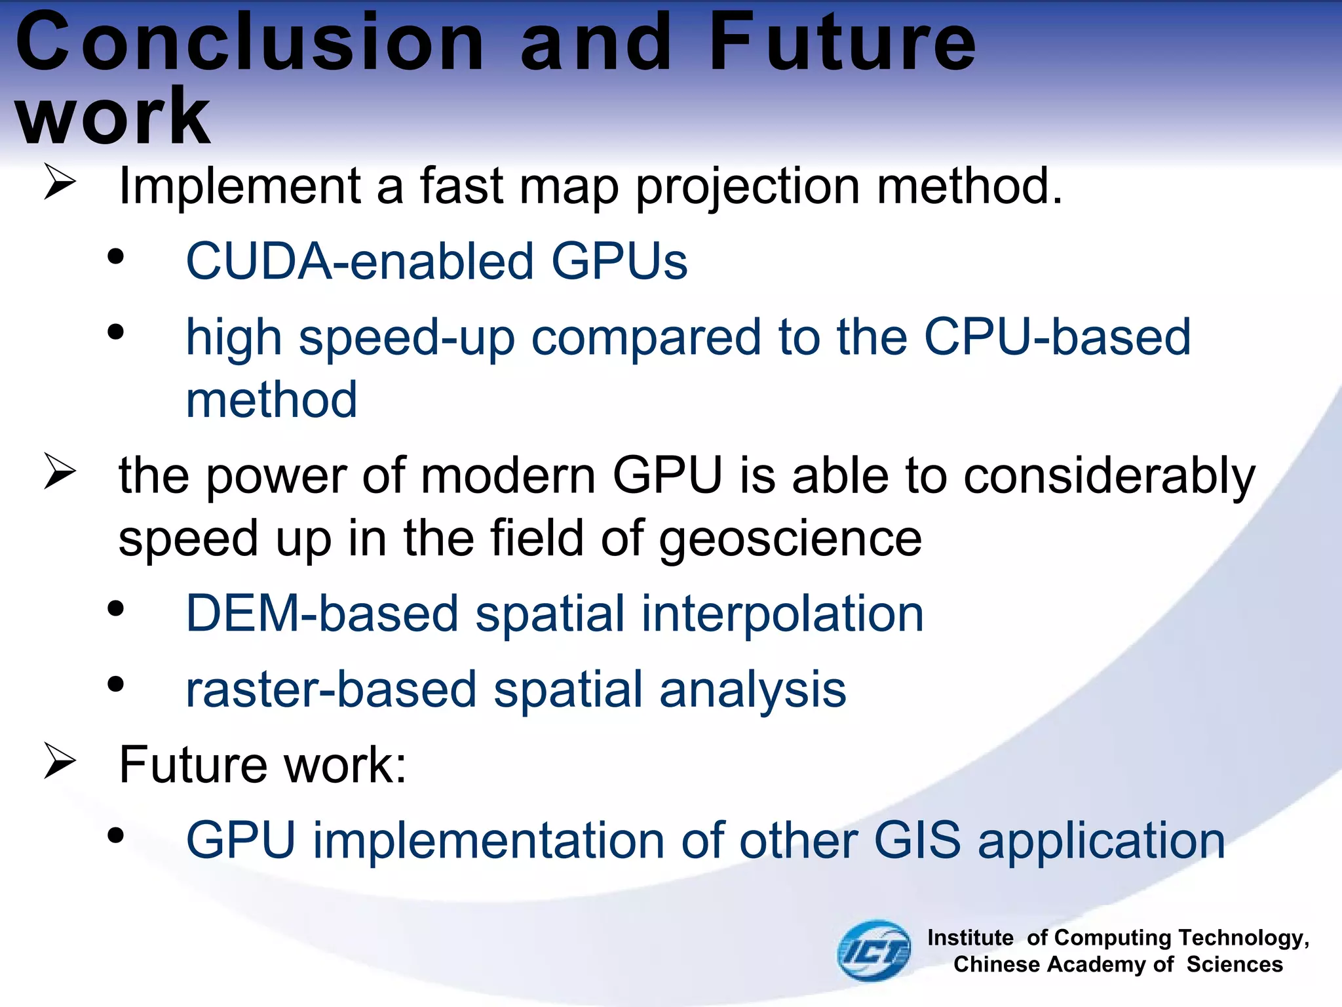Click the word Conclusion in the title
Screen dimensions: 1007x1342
coord(249,43)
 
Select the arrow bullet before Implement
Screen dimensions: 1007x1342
coord(60,183)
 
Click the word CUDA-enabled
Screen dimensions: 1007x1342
coord(359,261)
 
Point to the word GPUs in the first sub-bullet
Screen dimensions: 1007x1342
coord(619,261)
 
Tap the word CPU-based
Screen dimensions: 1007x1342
coord(1056,337)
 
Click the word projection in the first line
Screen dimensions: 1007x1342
coord(747,187)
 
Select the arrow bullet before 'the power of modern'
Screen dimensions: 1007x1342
coord(60,472)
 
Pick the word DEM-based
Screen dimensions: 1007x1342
coord(322,614)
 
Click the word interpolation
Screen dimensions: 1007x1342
coord(782,614)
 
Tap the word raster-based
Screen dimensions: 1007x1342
coord(331,690)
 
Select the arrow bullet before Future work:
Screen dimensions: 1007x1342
coord(60,761)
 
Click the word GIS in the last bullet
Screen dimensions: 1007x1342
coord(917,840)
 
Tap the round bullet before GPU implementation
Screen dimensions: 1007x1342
coord(116,835)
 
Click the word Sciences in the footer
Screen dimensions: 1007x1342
coord(1234,964)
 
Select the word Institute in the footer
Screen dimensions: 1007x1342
coord(970,938)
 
